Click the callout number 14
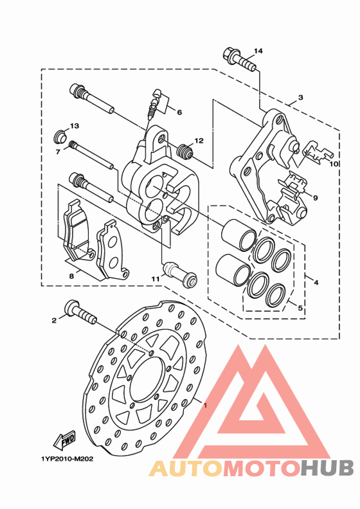258,51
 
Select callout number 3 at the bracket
301,97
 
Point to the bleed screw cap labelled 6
157,93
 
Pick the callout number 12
199,141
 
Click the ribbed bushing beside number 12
185,152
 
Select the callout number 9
315,198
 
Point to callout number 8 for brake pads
71,276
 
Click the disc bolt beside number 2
80,312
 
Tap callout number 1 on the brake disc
205,406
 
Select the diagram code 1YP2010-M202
67,459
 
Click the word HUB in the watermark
327,468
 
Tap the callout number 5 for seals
300,307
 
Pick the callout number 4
316,282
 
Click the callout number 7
58,152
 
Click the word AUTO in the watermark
186,468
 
